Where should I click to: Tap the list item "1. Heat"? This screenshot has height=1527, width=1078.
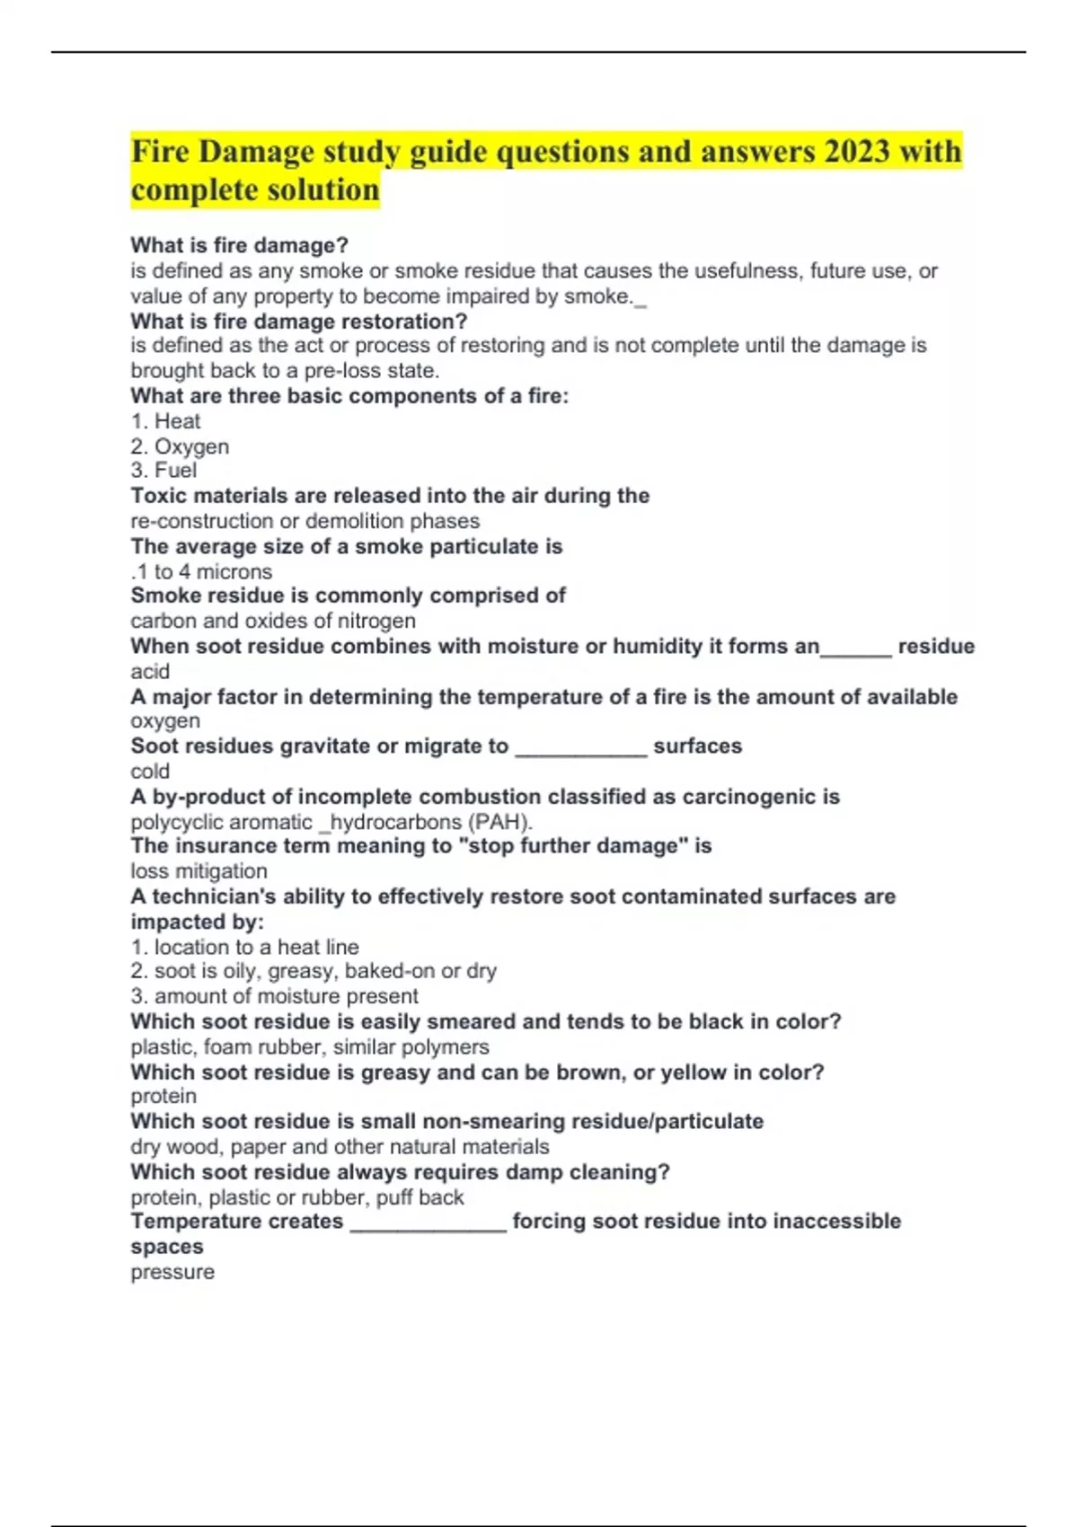[165, 421]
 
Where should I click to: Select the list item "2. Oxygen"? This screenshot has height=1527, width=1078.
[180, 446]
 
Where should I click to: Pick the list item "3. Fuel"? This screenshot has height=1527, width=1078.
[163, 471]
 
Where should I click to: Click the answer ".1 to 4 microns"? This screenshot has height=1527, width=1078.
[201, 571]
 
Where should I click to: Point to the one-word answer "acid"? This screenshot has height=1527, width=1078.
[150, 671]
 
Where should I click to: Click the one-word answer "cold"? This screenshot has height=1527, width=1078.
[150, 771]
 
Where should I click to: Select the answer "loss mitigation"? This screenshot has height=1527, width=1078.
[199, 870]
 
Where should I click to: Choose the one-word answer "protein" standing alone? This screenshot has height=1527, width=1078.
[163, 1096]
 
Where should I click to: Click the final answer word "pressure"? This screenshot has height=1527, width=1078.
[172, 1272]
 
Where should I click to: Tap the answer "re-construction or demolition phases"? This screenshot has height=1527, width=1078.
[305, 521]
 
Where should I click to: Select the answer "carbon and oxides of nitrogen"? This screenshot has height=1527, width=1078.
[273, 621]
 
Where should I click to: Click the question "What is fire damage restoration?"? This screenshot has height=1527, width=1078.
[299, 321]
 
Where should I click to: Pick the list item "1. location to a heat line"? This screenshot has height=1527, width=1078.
[244, 947]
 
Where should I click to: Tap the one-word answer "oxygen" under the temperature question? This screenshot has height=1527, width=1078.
[165, 720]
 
